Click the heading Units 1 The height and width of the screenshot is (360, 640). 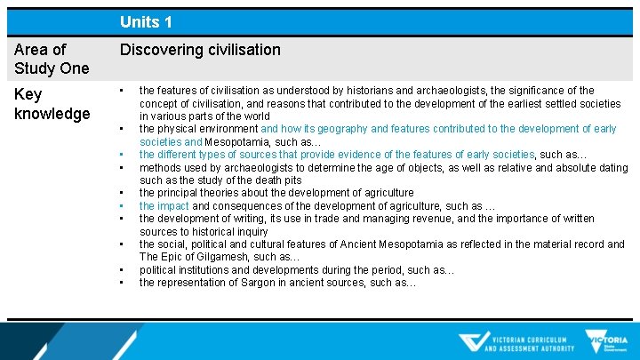pyautogui.click(x=147, y=21)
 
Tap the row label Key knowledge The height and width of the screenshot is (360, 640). pyautogui.click(x=52, y=103)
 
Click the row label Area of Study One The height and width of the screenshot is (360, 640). pyautogui.click(x=52, y=59)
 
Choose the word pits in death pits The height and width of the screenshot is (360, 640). pyautogui.click(x=292, y=180)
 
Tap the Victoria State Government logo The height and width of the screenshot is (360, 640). pyautogui.click(x=607, y=342)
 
